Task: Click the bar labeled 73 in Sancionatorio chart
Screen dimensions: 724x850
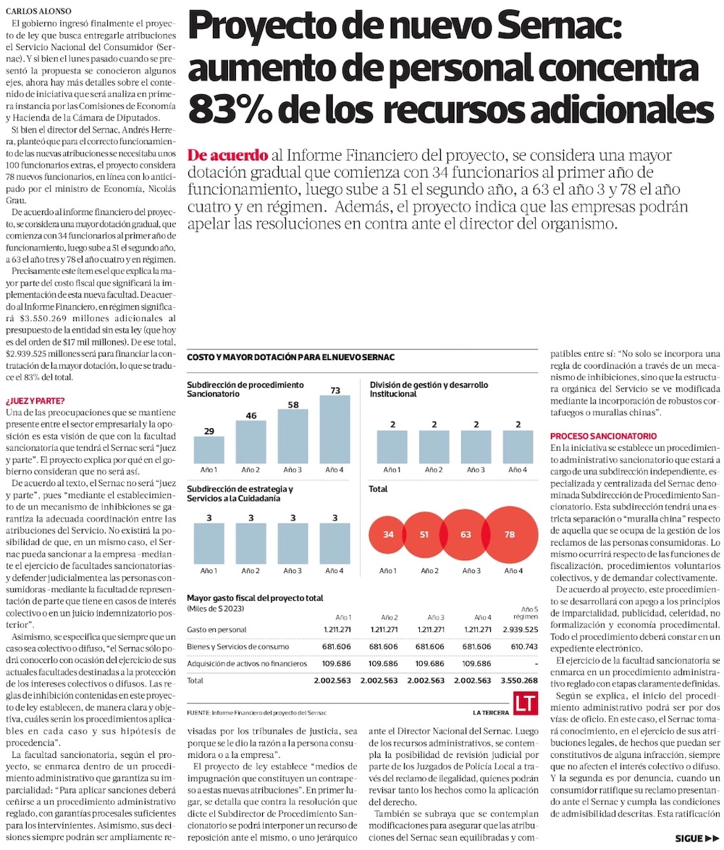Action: pos(334,429)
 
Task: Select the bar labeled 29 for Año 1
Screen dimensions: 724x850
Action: pos(209,449)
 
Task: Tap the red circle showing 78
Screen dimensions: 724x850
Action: pos(510,535)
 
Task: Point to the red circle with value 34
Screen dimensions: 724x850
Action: pos(388,535)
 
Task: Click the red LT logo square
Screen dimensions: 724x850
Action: pos(526,704)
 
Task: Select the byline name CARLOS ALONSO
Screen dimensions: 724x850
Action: pos(38,11)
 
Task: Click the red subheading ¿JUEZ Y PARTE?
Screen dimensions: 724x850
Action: pos(35,401)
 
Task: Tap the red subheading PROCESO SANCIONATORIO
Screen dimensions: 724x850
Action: pos(603,436)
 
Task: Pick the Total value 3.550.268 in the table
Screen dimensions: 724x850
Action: pos(519,680)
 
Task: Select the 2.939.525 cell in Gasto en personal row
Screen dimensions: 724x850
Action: pos(520,630)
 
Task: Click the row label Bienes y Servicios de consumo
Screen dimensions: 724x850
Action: pos(237,646)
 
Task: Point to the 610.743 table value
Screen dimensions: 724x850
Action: pos(524,646)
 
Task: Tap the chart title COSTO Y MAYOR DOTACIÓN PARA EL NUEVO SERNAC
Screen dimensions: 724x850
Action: pos(291,357)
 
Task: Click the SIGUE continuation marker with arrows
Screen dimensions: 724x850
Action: pos(697,838)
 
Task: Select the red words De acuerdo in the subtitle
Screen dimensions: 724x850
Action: pos(227,156)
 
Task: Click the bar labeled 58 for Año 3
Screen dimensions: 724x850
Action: pos(293,436)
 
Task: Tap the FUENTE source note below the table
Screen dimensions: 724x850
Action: pos(257,713)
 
